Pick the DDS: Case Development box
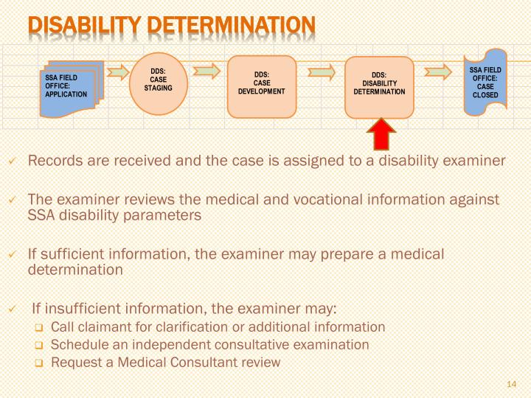tap(261, 85)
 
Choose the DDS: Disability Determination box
tap(379, 85)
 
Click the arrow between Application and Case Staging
tap(117, 72)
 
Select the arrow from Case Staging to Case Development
tap(206, 71)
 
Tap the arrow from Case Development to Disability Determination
tap(322, 72)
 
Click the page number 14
tap(513, 384)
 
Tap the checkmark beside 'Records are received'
tap(12, 161)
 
